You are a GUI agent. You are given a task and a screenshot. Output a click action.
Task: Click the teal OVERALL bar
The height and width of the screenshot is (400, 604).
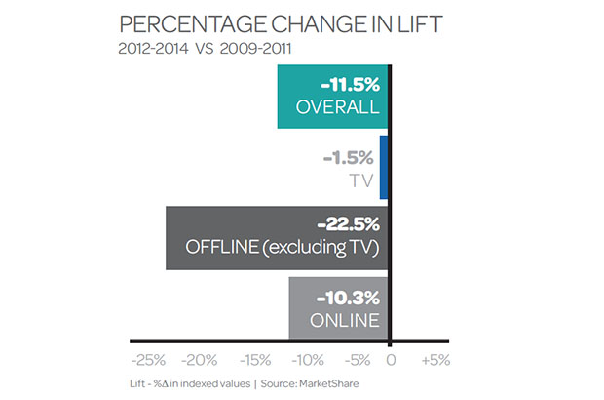pos(333,98)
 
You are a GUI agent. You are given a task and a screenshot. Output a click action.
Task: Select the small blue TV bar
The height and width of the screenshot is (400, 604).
pos(384,168)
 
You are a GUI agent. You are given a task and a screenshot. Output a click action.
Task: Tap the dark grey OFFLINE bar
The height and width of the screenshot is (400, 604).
pos(278,238)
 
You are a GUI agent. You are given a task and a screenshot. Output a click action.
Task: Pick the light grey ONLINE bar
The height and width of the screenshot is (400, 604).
pos(338,307)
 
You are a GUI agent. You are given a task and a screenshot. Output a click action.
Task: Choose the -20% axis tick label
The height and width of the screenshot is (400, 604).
pos(201,360)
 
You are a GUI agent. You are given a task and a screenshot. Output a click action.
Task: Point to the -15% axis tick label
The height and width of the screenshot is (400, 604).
pos(253,360)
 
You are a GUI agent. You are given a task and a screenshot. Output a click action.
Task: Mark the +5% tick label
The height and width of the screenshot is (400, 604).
pos(435,360)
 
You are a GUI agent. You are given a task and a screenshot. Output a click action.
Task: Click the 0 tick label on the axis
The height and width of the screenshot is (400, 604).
pos(391,360)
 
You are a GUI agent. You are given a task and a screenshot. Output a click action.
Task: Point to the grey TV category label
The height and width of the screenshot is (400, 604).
pos(363,179)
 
